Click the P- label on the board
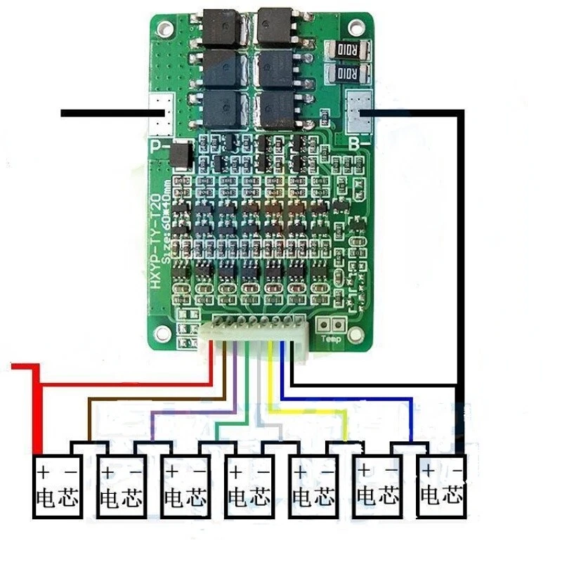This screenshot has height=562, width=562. [161, 148]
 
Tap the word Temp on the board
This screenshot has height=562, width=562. [331, 339]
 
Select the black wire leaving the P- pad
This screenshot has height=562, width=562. [105, 112]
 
